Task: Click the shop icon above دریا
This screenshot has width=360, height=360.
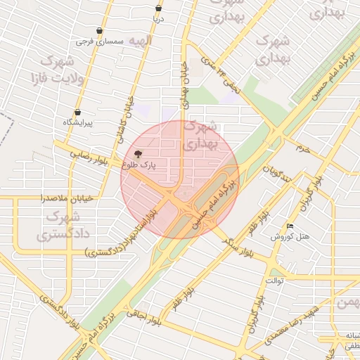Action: pyautogui.click(x=158, y=8)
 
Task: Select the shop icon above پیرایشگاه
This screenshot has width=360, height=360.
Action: pyautogui.click(x=77, y=112)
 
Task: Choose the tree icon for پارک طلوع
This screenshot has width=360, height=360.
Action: pyautogui.click(x=136, y=153)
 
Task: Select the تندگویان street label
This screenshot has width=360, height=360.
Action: pyautogui.click(x=276, y=172)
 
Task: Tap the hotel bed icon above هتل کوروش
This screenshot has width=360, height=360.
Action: pyautogui.click(x=290, y=226)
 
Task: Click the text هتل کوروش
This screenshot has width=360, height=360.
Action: pyautogui.click(x=290, y=237)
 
